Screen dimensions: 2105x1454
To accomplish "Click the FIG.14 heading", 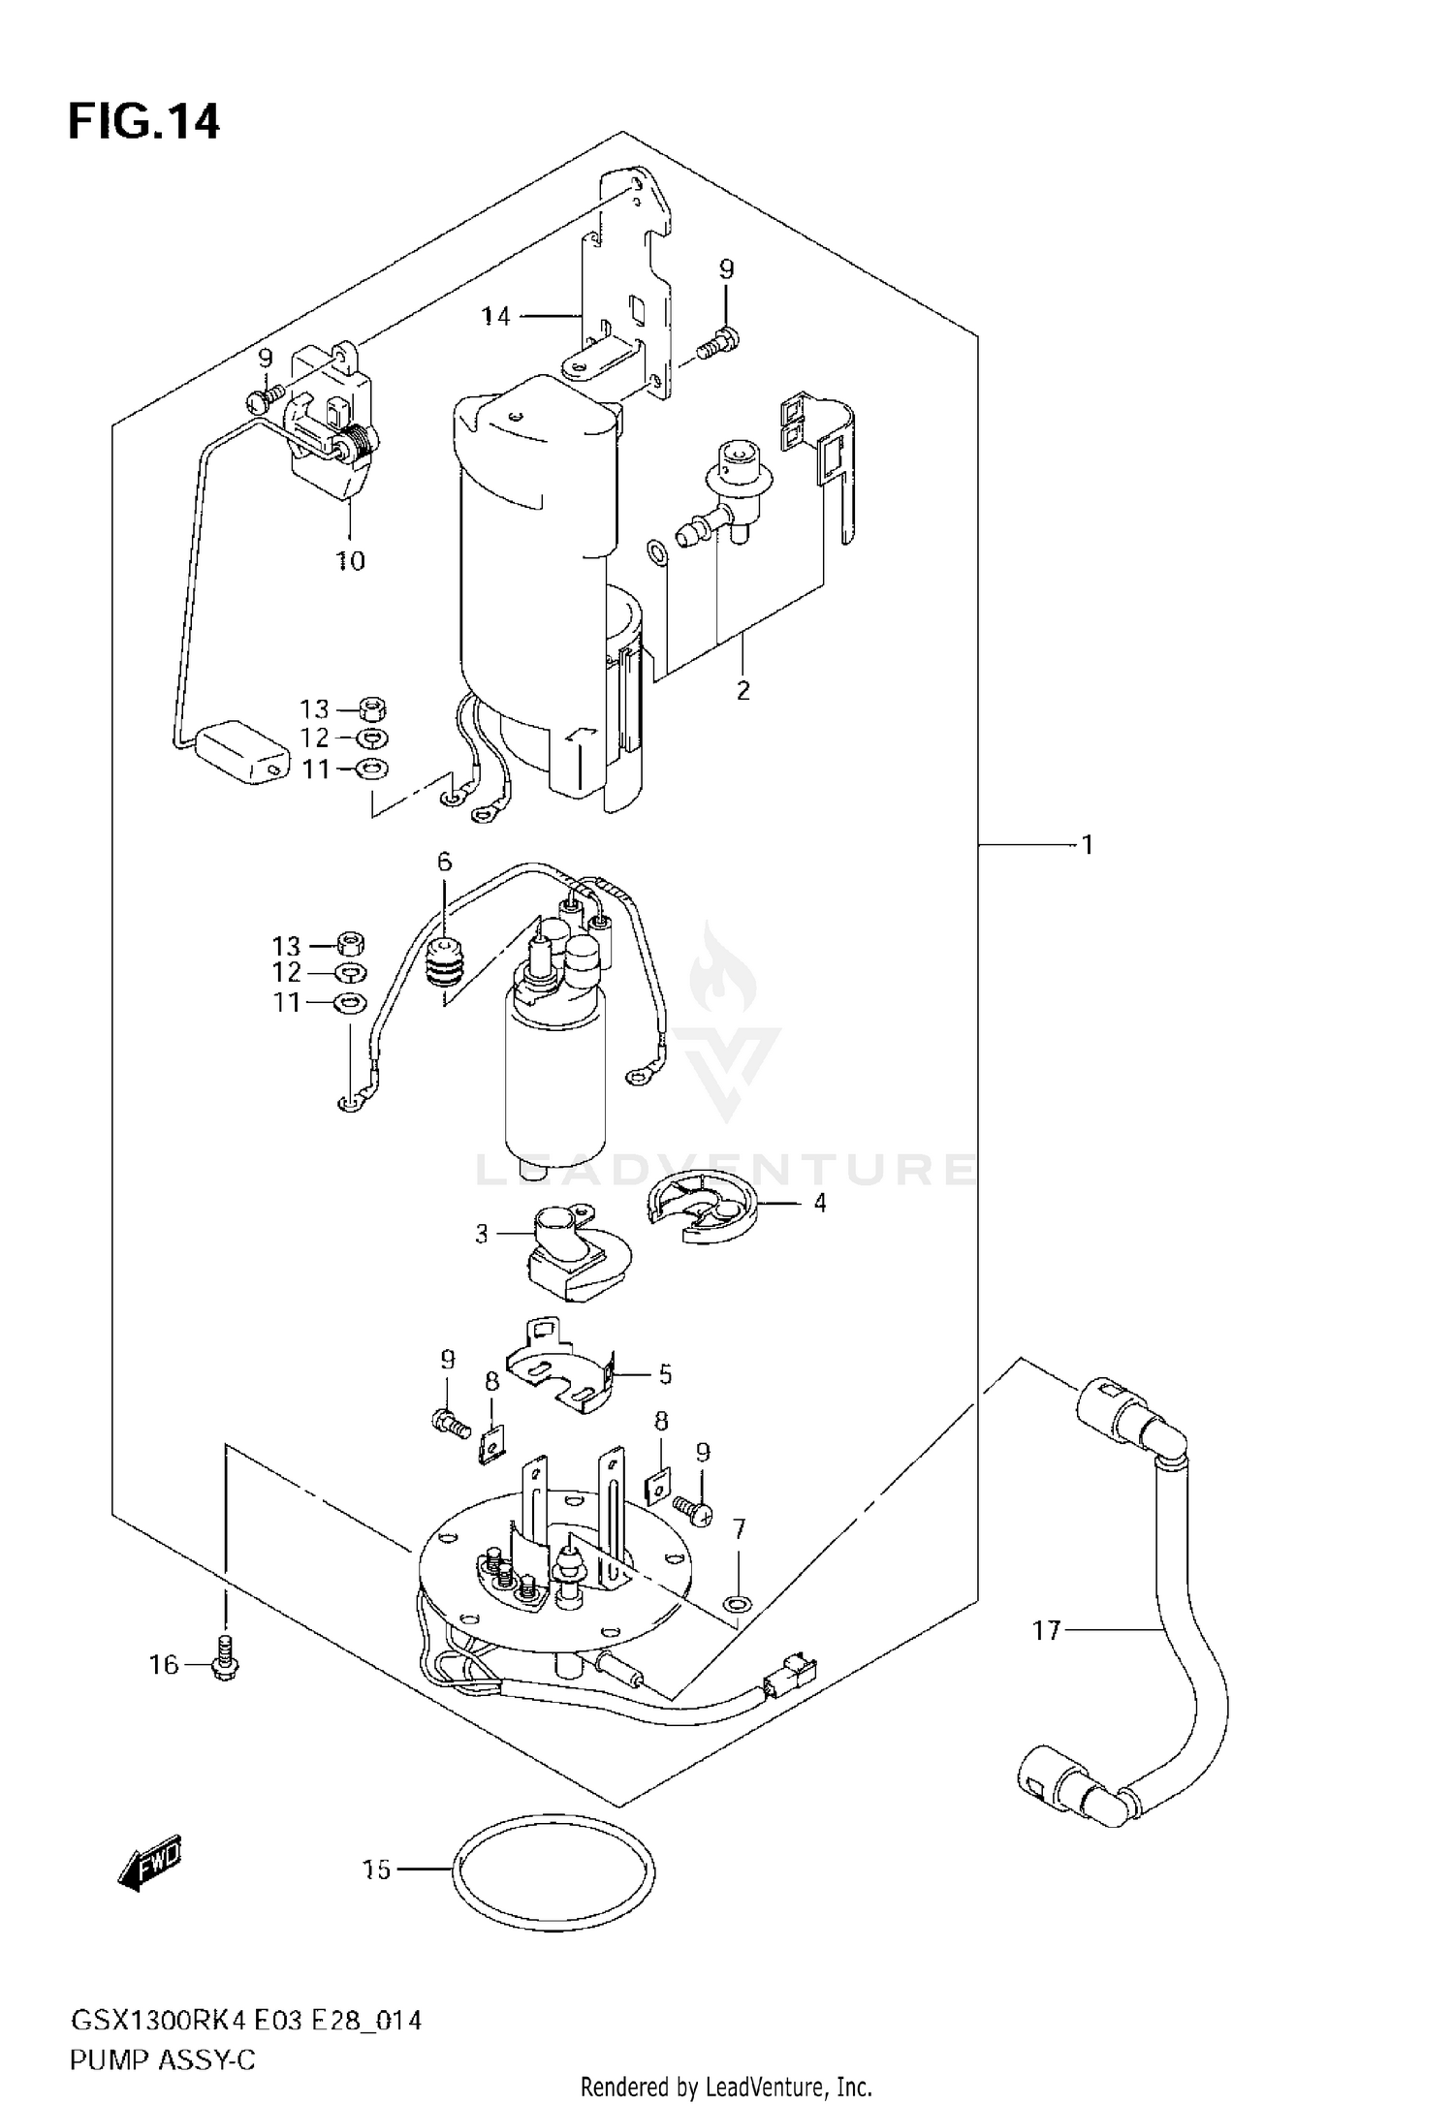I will coord(143,123).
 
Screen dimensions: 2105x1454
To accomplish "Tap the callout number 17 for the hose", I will coord(1046,1631).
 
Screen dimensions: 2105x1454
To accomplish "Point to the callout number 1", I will coord(1088,845).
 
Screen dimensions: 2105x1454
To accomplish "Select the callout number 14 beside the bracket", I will coord(495,316).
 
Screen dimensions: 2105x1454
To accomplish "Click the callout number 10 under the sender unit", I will coord(350,560).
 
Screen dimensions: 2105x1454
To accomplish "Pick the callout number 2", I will coord(743,691).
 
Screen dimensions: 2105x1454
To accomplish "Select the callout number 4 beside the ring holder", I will coord(820,1203).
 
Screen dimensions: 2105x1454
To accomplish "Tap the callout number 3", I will coord(482,1235).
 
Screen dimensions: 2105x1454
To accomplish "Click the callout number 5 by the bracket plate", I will coord(665,1373).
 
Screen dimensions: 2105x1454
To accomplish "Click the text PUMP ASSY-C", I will coord(162,2032).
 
